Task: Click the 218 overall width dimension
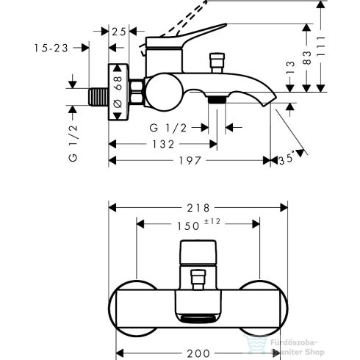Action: (192, 209)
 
